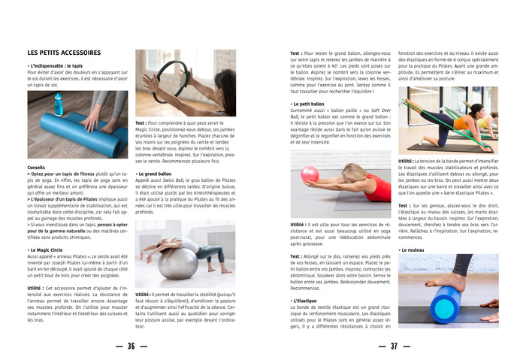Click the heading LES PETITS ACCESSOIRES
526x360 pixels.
64,53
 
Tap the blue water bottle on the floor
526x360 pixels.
59,104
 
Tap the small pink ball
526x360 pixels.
310,175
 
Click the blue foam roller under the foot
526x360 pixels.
446,304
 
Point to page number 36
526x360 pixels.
131,346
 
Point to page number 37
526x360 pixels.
394,346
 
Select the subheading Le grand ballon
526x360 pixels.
155,174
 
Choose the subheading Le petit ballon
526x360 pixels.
308,104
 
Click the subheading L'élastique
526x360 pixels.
305,301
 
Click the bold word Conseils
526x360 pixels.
36,167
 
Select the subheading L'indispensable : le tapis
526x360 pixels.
56,66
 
